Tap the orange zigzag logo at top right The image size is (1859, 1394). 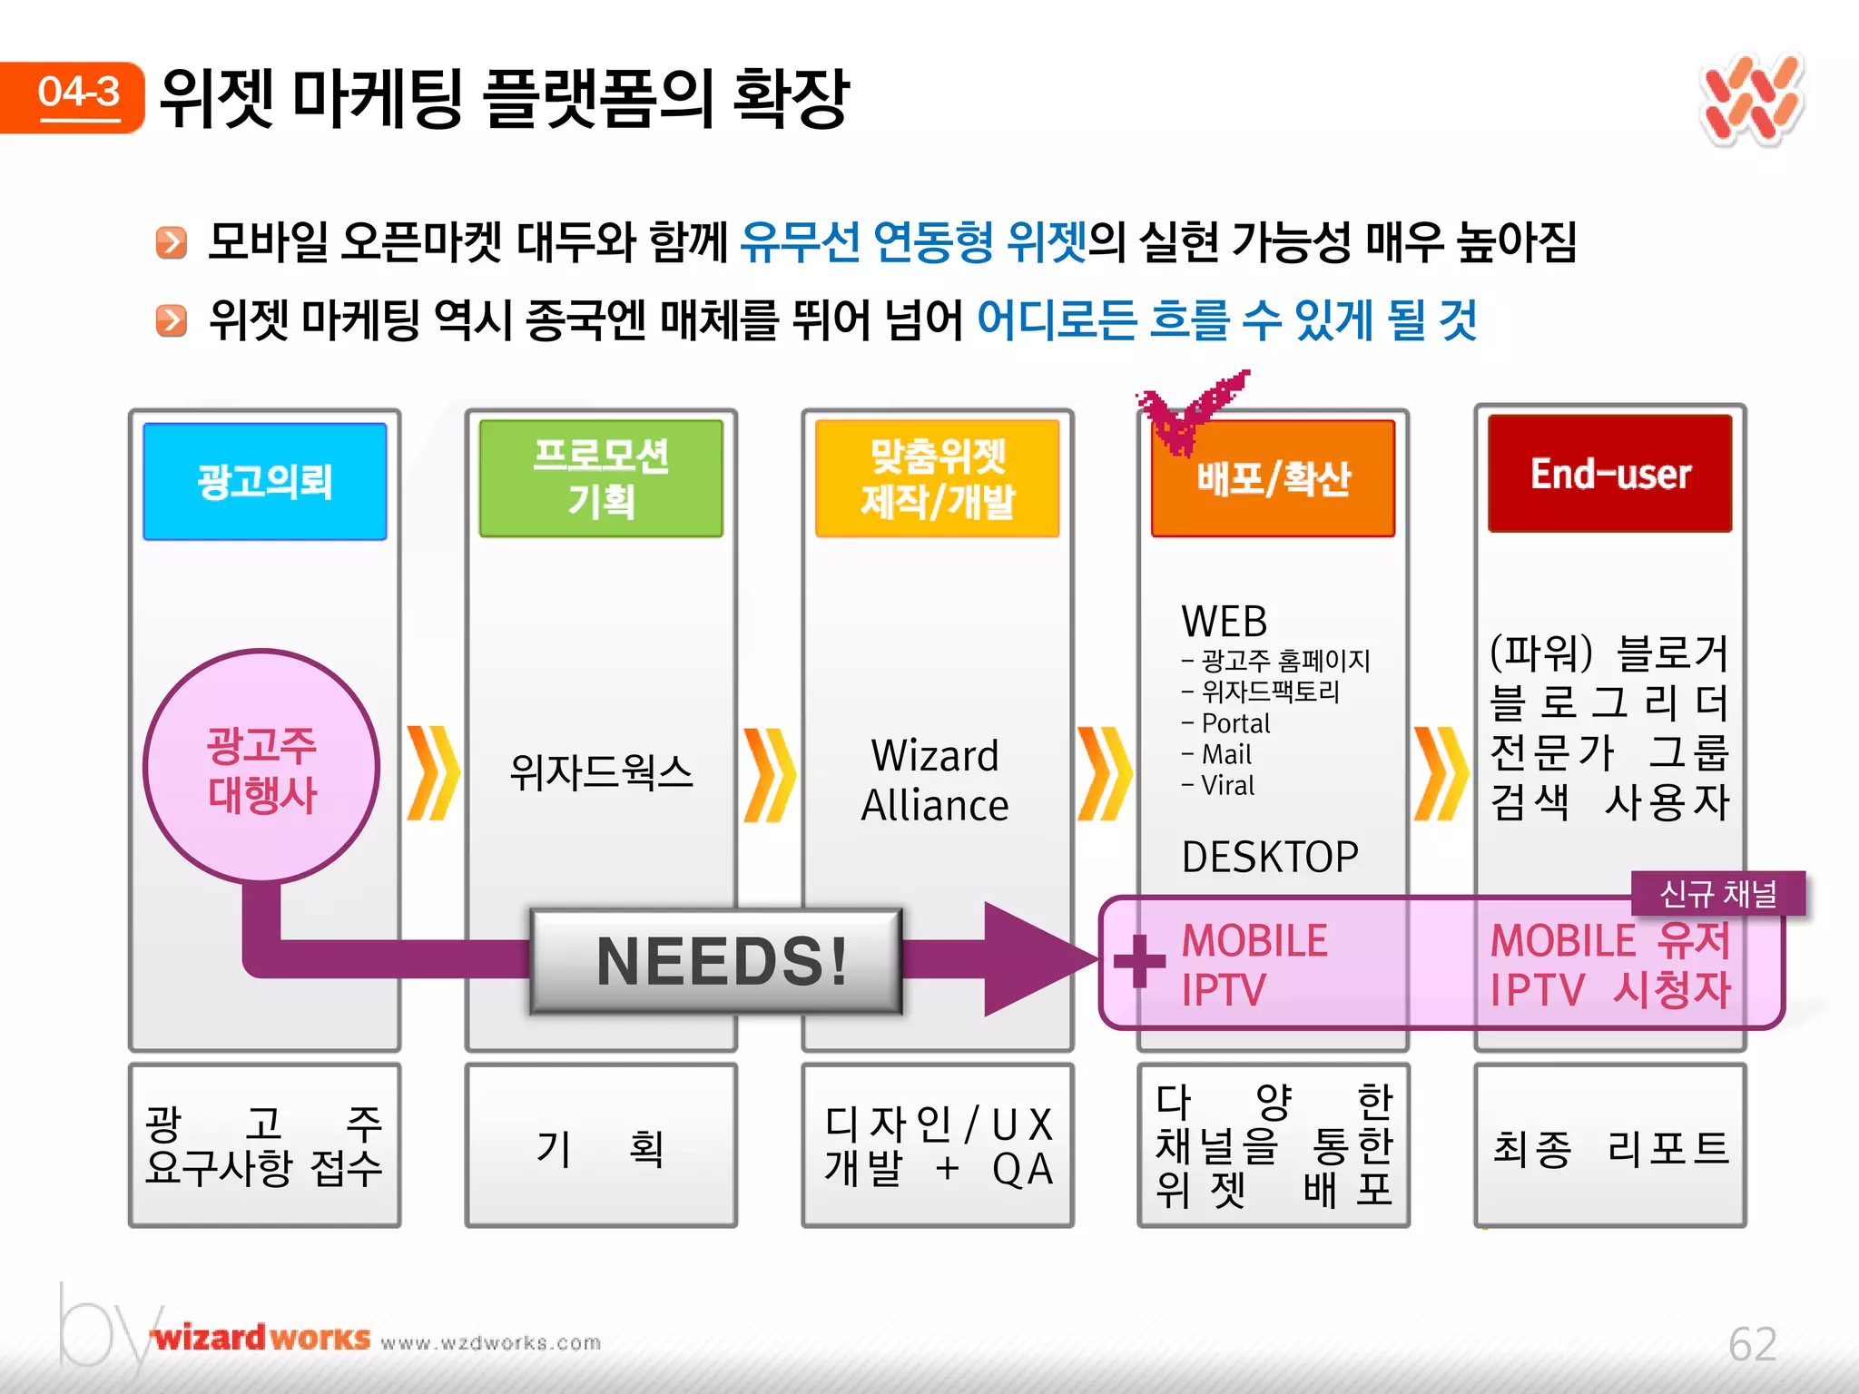[x=1752, y=100]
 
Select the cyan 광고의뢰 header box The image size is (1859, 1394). [x=265, y=481]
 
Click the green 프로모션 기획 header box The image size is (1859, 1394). [x=601, y=478]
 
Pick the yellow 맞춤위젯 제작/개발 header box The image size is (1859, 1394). [x=937, y=478]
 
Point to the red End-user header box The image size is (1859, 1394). [x=1610, y=474]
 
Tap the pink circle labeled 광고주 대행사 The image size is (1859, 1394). [x=261, y=767]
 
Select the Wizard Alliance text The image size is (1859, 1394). [x=935, y=780]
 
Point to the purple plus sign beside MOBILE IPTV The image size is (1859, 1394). [x=1138, y=960]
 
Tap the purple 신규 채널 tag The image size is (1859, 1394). [x=1717, y=894]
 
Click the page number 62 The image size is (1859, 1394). [x=1752, y=1343]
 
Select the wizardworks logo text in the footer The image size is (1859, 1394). [x=261, y=1339]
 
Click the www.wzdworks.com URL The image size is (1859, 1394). [x=491, y=1343]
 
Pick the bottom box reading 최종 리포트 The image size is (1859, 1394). [x=1610, y=1147]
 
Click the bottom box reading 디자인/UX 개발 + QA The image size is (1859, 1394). [x=937, y=1147]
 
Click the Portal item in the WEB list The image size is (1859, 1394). [x=1234, y=723]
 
